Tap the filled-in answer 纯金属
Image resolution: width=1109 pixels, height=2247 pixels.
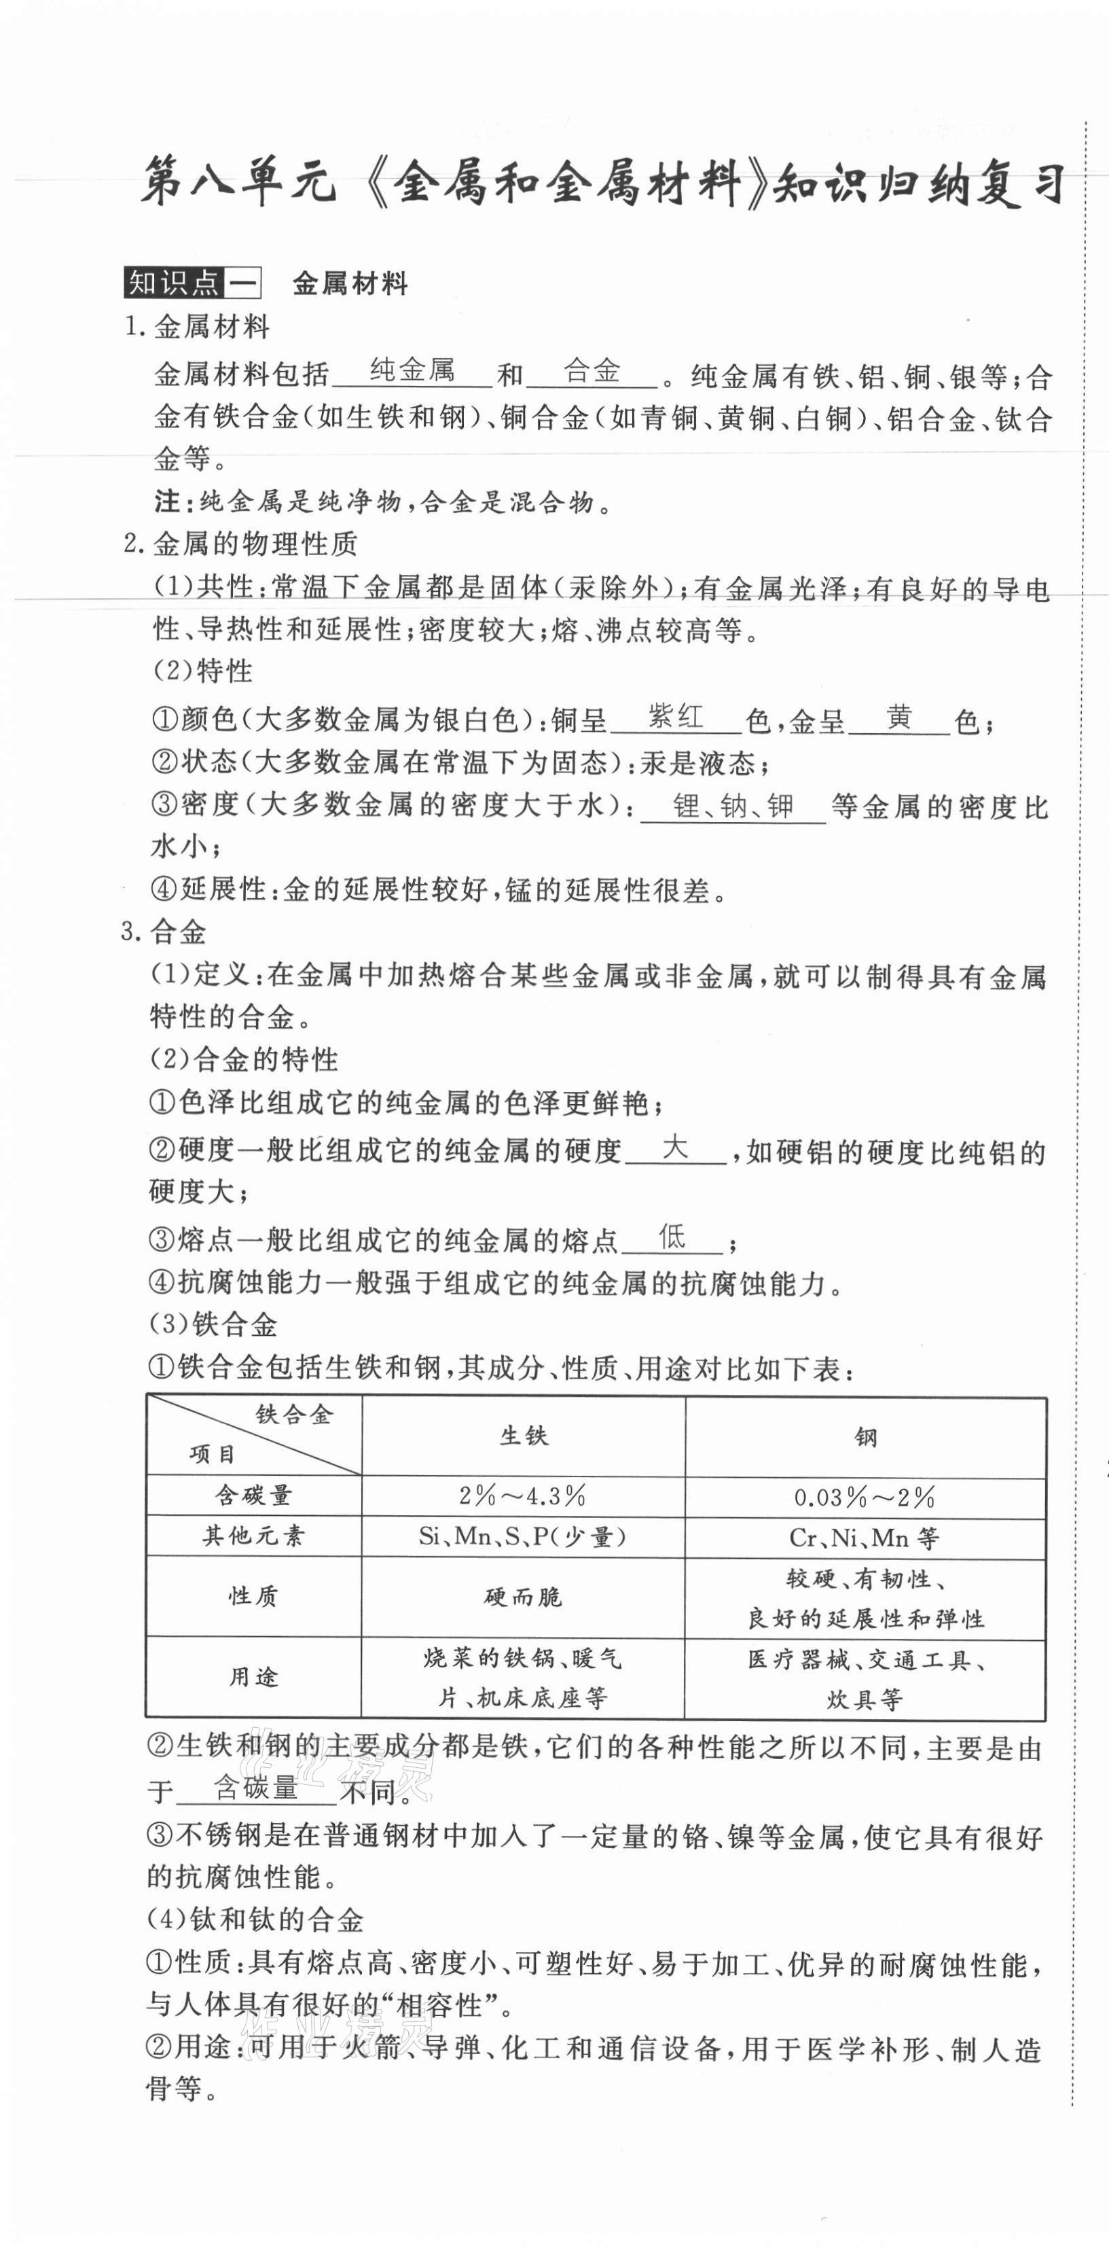[412, 371]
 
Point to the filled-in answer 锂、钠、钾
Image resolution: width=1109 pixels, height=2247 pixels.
[733, 805]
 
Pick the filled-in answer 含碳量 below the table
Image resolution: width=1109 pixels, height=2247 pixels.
[256, 1787]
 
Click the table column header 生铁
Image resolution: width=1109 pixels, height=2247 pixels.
[523, 1436]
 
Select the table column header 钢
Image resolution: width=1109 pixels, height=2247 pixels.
[865, 1436]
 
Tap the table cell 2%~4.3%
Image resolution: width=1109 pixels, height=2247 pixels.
[523, 1496]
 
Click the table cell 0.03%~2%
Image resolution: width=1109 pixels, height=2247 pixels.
[865, 1498]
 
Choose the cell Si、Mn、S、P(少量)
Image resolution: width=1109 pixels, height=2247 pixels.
[523, 1536]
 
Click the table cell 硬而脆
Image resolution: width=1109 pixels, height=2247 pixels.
[523, 1596]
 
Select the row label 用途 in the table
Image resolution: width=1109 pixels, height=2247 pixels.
[254, 1676]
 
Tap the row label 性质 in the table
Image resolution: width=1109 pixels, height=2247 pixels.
[254, 1595]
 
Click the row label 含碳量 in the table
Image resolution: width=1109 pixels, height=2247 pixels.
[254, 1495]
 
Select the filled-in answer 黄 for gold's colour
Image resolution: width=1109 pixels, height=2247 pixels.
[899, 717]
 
